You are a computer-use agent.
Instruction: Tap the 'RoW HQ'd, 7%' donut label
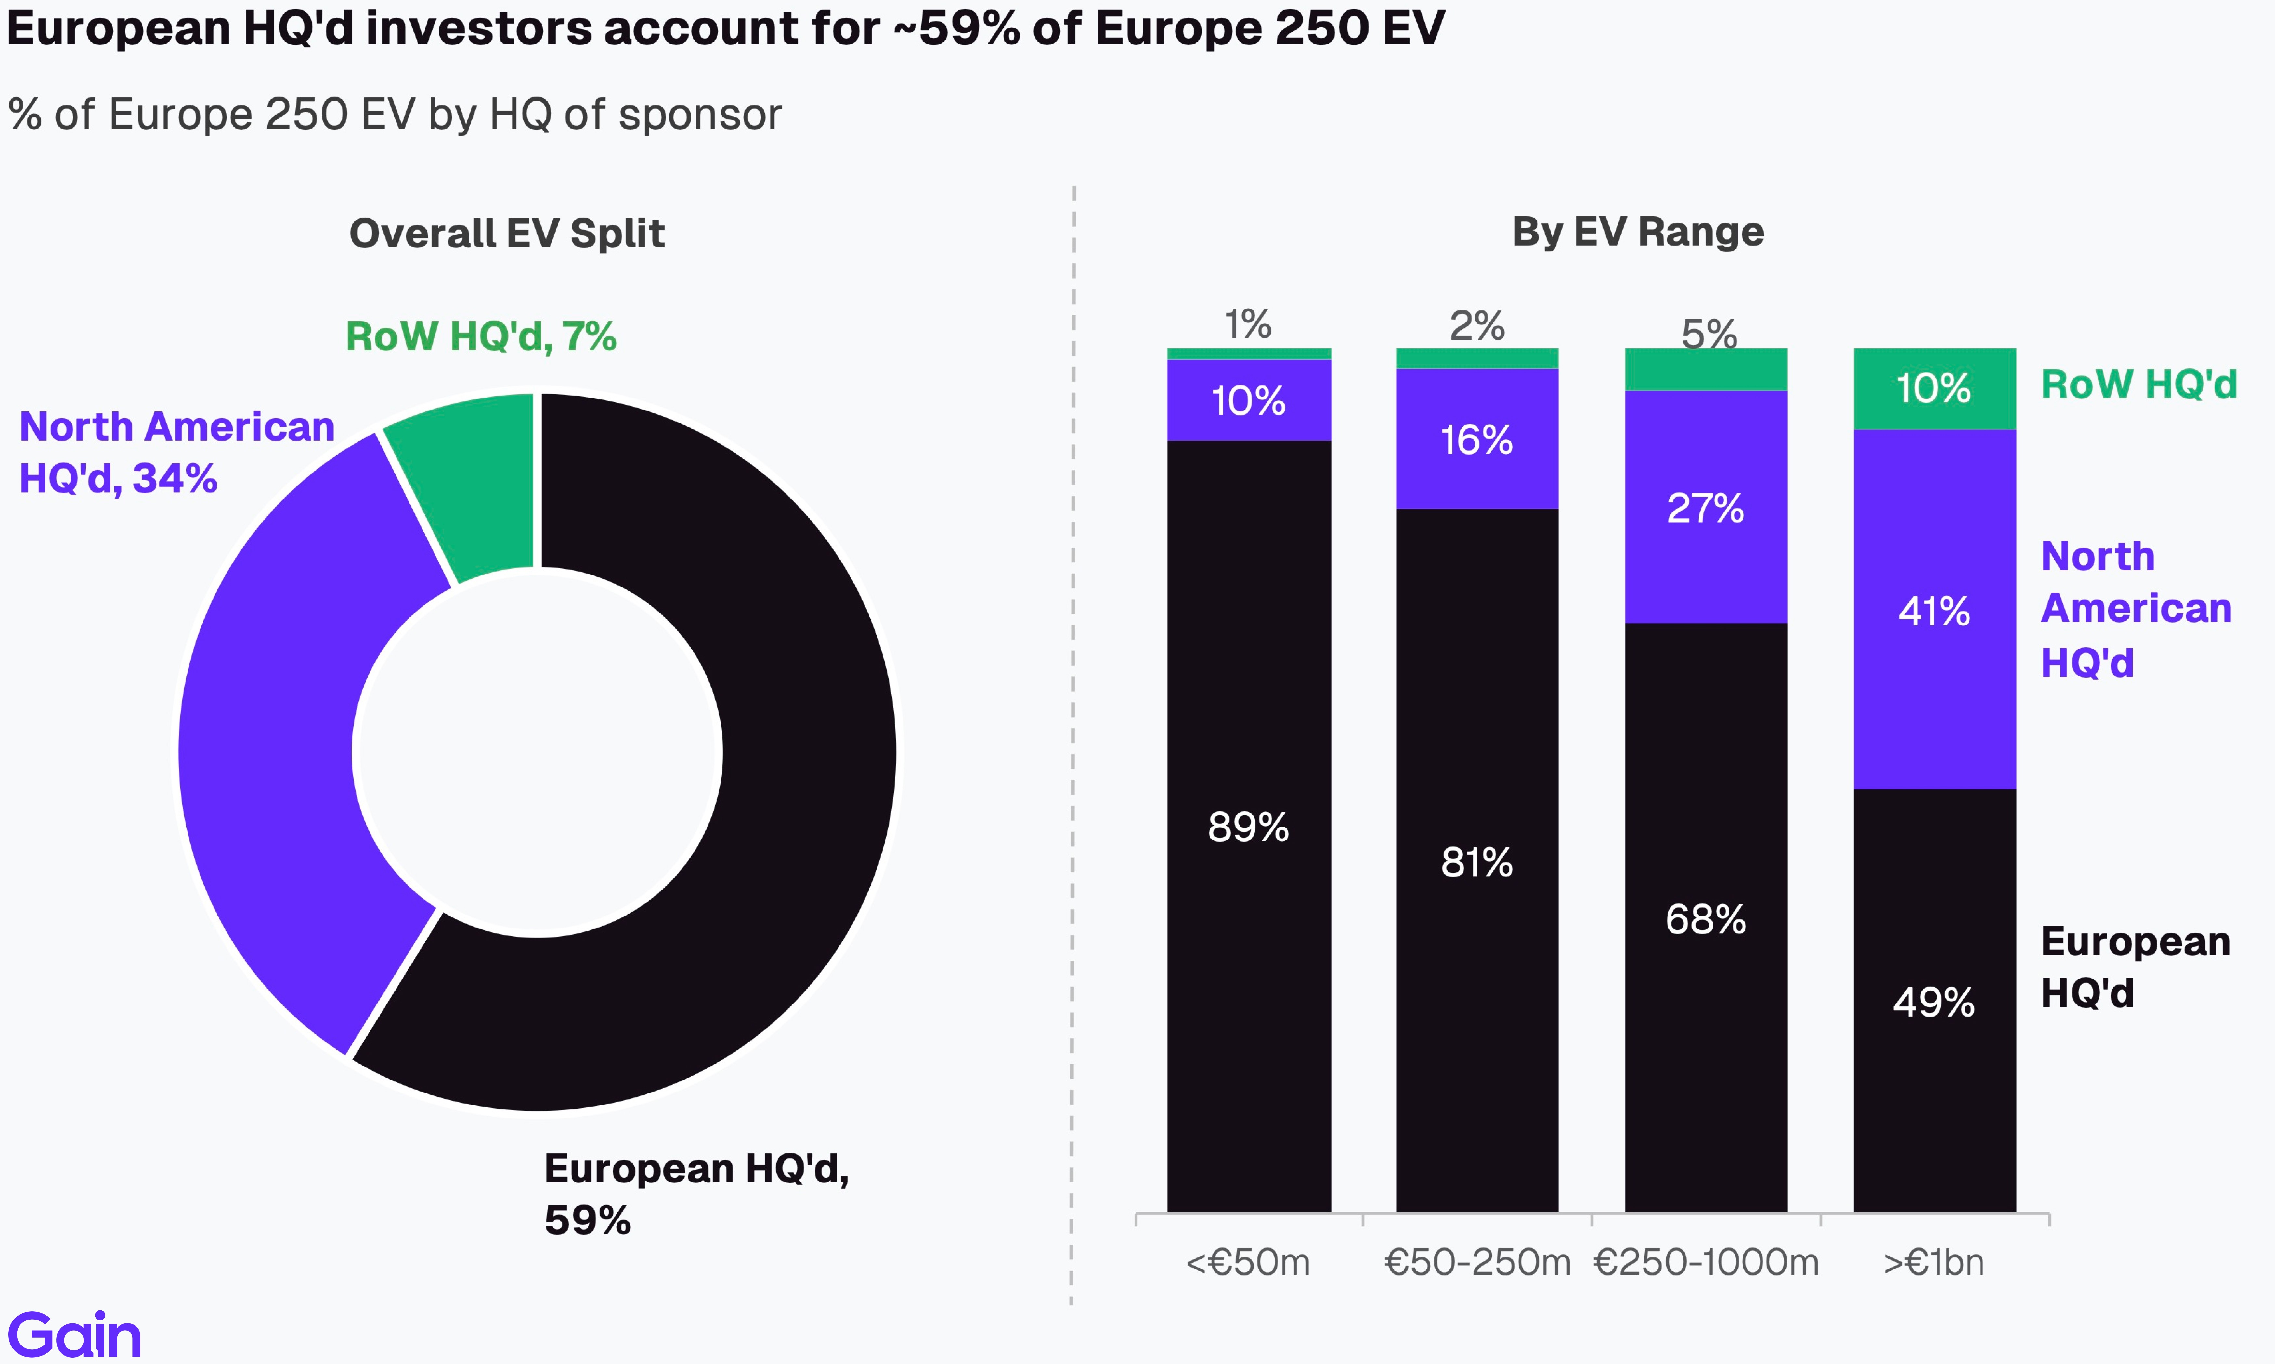[x=480, y=336]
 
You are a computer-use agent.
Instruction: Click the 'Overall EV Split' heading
[x=507, y=234]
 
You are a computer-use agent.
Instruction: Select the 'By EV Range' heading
[x=1638, y=232]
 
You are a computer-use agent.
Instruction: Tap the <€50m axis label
[x=1248, y=1262]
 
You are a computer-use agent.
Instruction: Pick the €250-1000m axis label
[x=1706, y=1262]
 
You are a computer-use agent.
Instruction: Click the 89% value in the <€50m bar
[x=1248, y=827]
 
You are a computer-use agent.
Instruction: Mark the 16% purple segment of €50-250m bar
[x=1477, y=439]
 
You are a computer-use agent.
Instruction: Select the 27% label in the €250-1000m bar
[x=1706, y=508]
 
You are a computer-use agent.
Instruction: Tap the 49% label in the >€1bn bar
[x=1934, y=1002]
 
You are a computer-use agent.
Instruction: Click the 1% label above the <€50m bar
[x=1248, y=324]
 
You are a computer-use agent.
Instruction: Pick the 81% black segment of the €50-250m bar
[x=1477, y=862]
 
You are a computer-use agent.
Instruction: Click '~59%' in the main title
[x=956, y=28]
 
